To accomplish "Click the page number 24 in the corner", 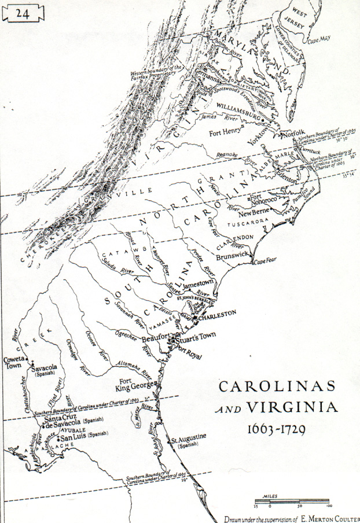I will [x=23, y=14].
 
